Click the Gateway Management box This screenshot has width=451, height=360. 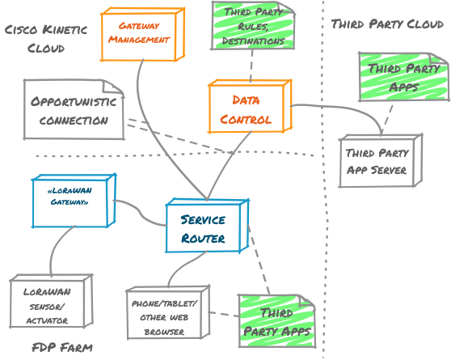142,34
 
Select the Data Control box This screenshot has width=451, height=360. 250,106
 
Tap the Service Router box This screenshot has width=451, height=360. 207,226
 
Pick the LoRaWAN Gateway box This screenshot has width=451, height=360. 74,201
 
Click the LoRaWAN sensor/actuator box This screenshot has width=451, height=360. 51,301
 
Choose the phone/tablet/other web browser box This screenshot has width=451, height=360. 168,312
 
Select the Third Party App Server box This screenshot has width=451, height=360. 381,161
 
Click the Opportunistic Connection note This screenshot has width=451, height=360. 74,110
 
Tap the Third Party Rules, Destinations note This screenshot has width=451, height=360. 253,26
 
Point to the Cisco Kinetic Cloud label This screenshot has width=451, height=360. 46,39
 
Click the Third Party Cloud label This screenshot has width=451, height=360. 387,24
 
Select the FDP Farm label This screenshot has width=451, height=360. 62,348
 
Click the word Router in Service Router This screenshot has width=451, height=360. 203,239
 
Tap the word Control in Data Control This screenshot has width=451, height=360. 246,119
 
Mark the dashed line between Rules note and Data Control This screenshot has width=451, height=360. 251,66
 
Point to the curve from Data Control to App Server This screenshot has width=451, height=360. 345,109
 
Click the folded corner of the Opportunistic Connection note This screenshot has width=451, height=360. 113,87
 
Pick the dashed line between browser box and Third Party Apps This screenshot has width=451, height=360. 224,314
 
